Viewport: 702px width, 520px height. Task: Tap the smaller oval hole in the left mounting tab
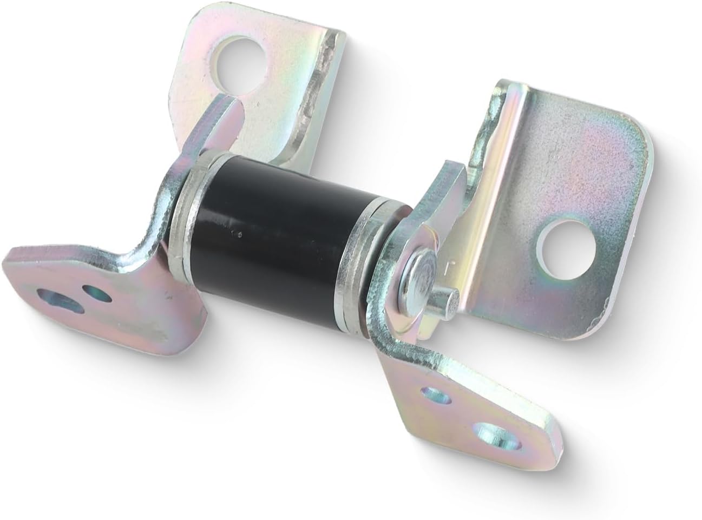click(97, 295)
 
